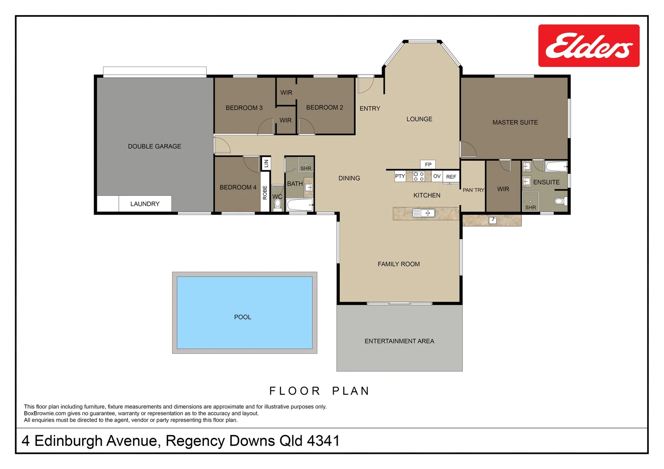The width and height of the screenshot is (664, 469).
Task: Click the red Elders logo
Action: click(x=589, y=46)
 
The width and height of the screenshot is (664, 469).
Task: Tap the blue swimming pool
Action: click(x=245, y=313)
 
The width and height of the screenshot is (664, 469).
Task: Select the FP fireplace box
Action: click(x=428, y=165)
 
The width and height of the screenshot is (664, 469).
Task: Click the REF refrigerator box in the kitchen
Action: click(x=451, y=177)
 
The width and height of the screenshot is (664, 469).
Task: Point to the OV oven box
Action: click(x=437, y=176)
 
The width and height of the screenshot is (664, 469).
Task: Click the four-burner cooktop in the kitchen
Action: click(x=418, y=176)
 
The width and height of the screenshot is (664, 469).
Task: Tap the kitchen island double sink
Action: click(x=424, y=213)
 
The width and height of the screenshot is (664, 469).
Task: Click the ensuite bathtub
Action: click(x=556, y=166)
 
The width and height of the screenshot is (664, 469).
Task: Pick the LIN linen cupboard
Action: click(x=266, y=163)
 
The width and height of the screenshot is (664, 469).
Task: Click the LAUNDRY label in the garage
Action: click(x=145, y=204)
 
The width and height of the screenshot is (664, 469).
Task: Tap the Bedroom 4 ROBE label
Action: click(x=265, y=192)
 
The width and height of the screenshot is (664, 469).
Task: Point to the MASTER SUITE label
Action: click(x=515, y=122)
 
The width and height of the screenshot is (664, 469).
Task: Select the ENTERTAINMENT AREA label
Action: click(x=399, y=341)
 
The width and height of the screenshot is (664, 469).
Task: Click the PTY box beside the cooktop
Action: click(x=400, y=176)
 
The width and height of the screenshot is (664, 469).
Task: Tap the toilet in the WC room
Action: click(x=278, y=205)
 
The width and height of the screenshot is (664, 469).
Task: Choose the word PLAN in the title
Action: click(x=351, y=391)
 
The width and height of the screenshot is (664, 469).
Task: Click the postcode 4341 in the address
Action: click(x=323, y=441)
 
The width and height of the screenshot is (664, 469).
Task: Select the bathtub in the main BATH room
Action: click(x=300, y=205)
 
